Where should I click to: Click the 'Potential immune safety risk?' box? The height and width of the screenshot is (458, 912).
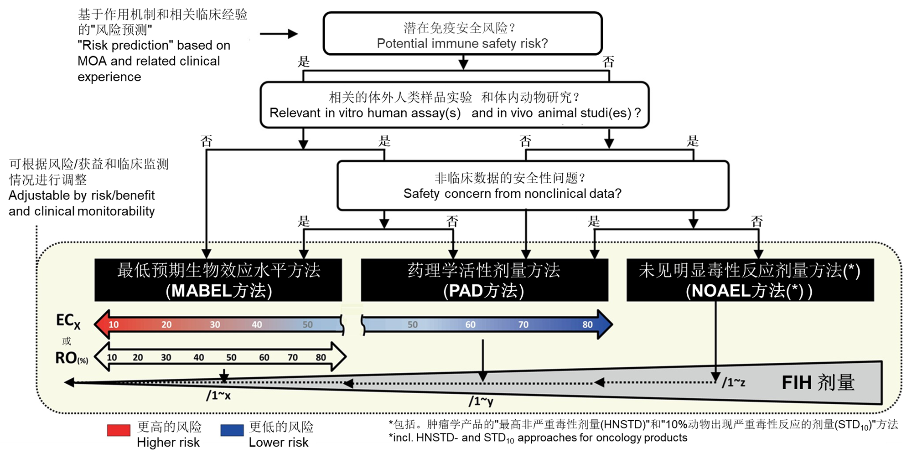click(x=462, y=34)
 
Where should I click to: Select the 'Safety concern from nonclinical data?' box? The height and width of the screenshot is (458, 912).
click(x=533, y=185)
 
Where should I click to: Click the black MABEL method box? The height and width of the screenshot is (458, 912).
click(x=218, y=280)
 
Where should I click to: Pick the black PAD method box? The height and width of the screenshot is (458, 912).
click(x=484, y=280)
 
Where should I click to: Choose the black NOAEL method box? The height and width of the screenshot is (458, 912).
click(x=750, y=280)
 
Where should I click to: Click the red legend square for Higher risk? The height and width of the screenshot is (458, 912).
click(x=119, y=430)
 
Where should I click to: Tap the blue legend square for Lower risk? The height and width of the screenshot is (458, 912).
click(x=232, y=430)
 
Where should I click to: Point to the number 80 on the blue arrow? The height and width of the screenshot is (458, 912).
click(x=587, y=324)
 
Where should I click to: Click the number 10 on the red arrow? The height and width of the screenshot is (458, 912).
click(x=114, y=324)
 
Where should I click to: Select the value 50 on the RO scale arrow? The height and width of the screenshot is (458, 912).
click(x=231, y=357)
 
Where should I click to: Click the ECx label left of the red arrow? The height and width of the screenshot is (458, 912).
click(x=68, y=321)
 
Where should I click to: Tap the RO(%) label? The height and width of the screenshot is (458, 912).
click(x=71, y=358)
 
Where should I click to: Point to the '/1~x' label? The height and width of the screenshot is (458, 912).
click(x=218, y=396)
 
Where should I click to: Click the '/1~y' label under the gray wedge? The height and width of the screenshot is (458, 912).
click(x=481, y=401)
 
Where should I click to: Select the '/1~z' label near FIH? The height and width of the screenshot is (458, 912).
click(x=733, y=382)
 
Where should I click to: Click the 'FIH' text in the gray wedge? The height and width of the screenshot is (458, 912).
click(x=796, y=383)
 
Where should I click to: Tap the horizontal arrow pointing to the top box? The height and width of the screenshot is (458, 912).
click(x=279, y=34)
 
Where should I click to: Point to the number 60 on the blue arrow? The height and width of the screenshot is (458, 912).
click(x=470, y=324)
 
